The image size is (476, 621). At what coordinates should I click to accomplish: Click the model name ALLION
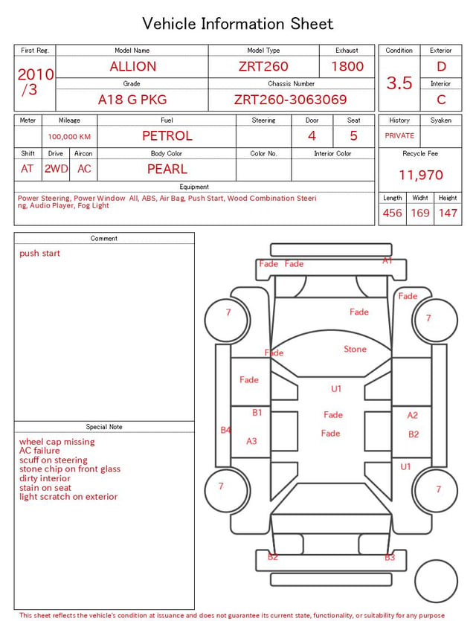132,66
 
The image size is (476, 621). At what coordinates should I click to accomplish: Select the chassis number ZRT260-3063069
290,100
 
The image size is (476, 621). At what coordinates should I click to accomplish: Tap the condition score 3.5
399,83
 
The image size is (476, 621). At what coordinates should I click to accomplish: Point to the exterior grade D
441,66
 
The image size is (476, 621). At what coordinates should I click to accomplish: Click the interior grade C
441,100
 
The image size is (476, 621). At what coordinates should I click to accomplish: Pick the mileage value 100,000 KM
69,137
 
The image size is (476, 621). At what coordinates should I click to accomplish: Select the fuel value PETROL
167,136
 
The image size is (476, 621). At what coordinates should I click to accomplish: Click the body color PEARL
167,169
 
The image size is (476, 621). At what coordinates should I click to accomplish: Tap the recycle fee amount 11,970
420,175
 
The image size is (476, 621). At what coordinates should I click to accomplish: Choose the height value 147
448,213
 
